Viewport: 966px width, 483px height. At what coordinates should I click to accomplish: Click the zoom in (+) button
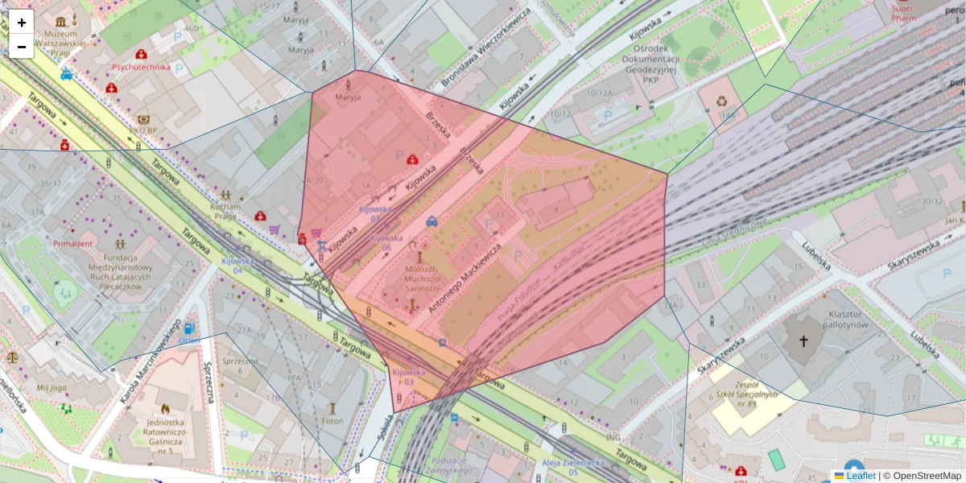[x=22, y=23]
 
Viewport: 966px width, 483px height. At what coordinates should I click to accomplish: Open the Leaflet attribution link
[x=861, y=476]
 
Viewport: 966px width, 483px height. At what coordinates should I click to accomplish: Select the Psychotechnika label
[x=142, y=67]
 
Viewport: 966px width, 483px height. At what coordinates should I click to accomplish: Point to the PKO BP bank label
[x=142, y=130]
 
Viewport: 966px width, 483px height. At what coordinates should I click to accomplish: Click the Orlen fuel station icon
[x=188, y=328]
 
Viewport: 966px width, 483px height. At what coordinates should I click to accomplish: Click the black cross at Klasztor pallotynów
[x=803, y=341]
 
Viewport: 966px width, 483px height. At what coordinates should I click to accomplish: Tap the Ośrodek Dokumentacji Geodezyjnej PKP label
[x=650, y=64]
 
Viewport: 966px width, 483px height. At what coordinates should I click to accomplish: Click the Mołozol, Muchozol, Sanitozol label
[x=422, y=279]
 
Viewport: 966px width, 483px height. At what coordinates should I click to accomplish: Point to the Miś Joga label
[x=52, y=387]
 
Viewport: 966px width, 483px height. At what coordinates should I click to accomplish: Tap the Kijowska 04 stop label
[x=237, y=265]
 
